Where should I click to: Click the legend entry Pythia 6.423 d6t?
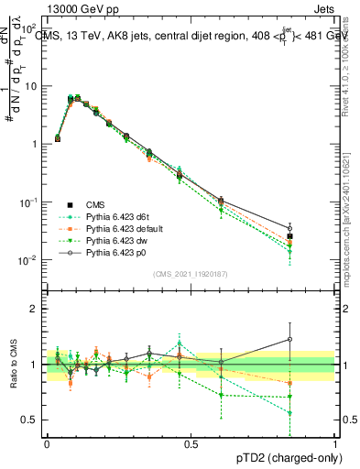(116, 217)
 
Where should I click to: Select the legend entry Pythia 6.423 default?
(122, 228)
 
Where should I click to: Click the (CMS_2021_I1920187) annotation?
(190, 274)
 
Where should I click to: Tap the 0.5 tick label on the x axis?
(191, 442)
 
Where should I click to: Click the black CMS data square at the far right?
(315, 236)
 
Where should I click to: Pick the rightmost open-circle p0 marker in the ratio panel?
(315, 340)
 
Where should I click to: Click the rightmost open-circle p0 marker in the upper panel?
(315, 228)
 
